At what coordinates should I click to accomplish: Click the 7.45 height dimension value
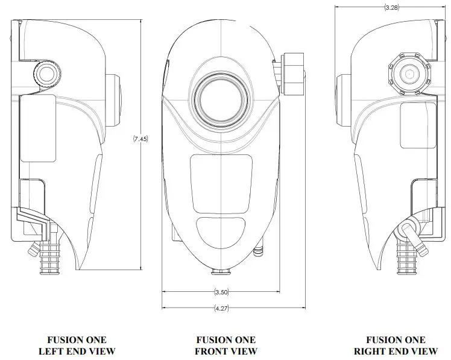tap(140, 139)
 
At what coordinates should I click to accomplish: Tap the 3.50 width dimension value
tap(221, 292)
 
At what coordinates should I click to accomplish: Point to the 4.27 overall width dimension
tap(221, 308)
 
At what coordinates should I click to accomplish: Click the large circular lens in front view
tap(221, 96)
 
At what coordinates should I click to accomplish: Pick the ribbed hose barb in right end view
tap(403, 256)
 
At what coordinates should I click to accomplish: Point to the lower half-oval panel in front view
tap(221, 231)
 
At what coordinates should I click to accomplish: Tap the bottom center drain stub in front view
tap(221, 272)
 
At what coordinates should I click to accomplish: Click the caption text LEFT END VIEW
tap(77, 351)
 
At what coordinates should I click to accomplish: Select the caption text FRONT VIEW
tap(226, 351)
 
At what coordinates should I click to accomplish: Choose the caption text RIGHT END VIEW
tap(396, 351)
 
